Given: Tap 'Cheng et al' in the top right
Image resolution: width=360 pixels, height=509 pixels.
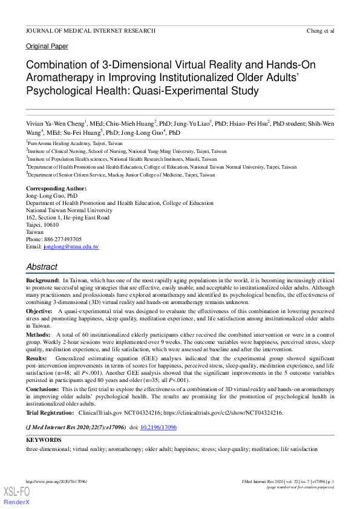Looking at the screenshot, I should pyautogui.click(x=321, y=30).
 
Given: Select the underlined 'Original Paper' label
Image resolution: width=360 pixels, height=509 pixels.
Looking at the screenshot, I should pyautogui.click(x=47, y=47).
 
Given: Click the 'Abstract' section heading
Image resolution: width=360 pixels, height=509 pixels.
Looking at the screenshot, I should pyautogui.click(x=42, y=267).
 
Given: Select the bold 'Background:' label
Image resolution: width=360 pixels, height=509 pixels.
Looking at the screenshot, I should pyautogui.click(x=42, y=282).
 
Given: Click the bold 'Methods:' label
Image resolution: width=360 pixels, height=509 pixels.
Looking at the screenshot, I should pyautogui.click(x=39, y=334).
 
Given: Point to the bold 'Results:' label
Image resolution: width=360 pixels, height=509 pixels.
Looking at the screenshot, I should pyautogui.click(x=38, y=358).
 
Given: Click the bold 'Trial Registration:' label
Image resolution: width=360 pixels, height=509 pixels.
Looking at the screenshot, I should pyautogui.click(x=50, y=413).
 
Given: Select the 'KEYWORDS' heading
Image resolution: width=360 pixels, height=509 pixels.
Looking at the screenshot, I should pyautogui.click(x=44, y=440).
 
